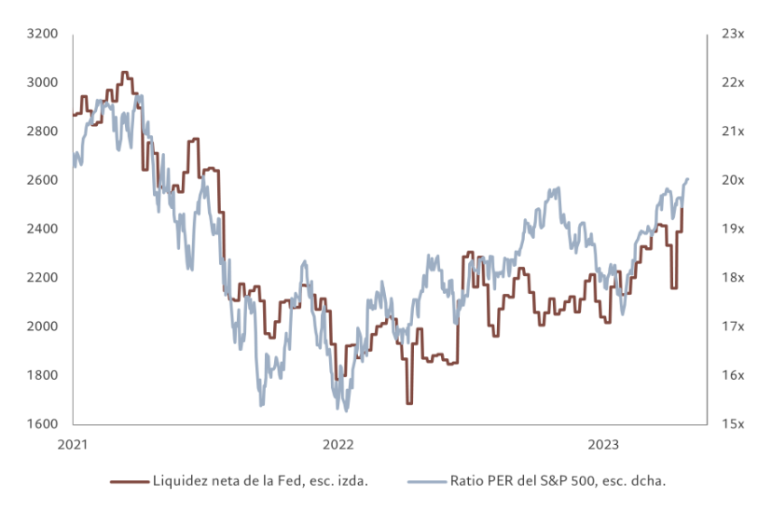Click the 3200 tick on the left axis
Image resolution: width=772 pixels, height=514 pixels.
pyautogui.click(x=44, y=34)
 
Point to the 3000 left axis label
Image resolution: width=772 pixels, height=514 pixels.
pyautogui.click(x=44, y=82)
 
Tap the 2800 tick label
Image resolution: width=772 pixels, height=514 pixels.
pyautogui.click(x=44, y=132)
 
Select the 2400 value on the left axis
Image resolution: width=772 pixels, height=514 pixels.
pyautogui.click(x=44, y=229)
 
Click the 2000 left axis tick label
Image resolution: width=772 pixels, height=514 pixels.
pyautogui.click(x=44, y=326)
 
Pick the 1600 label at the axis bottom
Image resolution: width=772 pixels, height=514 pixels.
pyautogui.click(x=44, y=424)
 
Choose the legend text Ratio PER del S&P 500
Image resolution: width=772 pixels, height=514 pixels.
pyautogui.click(x=558, y=481)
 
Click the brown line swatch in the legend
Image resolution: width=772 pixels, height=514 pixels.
pyautogui.click(x=130, y=481)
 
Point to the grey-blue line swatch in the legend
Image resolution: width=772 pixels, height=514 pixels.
pyautogui.click(x=427, y=481)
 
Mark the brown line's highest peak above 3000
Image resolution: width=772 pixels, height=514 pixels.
pyautogui.click(x=125, y=72)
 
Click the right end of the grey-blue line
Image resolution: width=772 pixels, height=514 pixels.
pyautogui.click(x=688, y=178)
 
